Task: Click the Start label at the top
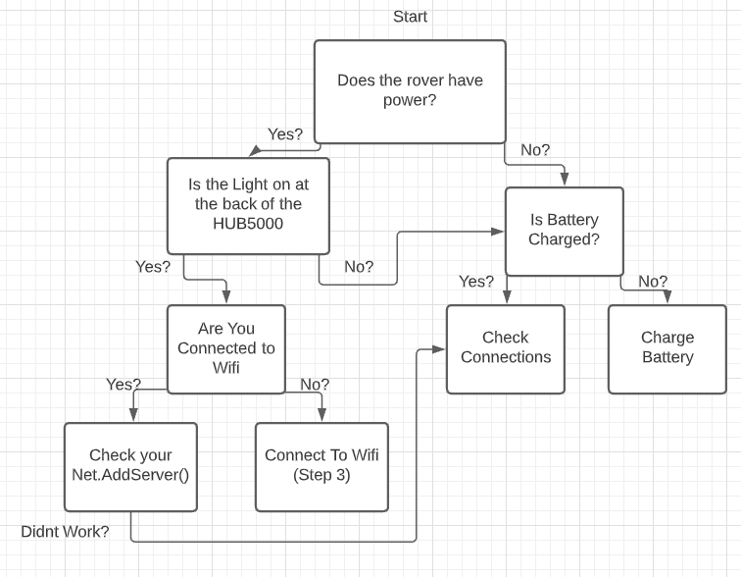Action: point(410,17)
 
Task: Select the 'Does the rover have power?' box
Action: point(410,91)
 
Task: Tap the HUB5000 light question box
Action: point(248,205)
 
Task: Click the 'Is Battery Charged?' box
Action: point(564,231)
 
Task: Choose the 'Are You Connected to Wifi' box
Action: point(225,348)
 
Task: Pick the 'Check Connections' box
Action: point(505,348)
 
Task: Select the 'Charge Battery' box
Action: point(667,348)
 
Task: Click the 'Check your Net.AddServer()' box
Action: point(130,466)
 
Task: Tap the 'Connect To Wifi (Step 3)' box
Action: point(321,466)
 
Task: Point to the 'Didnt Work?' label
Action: point(65,532)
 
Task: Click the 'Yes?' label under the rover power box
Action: point(285,134)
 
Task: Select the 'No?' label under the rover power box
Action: point(535,150)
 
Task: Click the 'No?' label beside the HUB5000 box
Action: point(359,267)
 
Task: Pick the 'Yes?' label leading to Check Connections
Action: point(476,282)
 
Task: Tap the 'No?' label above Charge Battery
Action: point(653,282)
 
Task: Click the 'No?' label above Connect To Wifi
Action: point(315,385)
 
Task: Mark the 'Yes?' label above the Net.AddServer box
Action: point(123,385)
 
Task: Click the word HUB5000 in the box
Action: point(248,223)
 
